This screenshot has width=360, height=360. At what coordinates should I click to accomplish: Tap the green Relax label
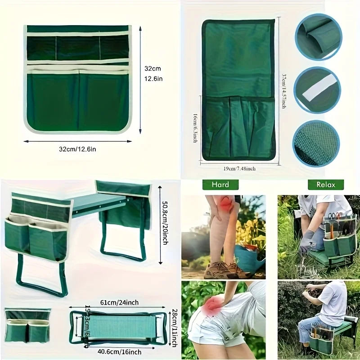tap(325, 184)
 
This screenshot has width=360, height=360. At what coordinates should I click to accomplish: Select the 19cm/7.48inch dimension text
tap(239, 169)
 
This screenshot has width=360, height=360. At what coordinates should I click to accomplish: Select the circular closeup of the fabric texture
tap(316, 143)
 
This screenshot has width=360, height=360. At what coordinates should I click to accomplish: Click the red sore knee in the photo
tap(226, 207)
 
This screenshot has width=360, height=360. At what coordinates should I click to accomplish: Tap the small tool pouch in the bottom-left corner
tap(27, 325)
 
